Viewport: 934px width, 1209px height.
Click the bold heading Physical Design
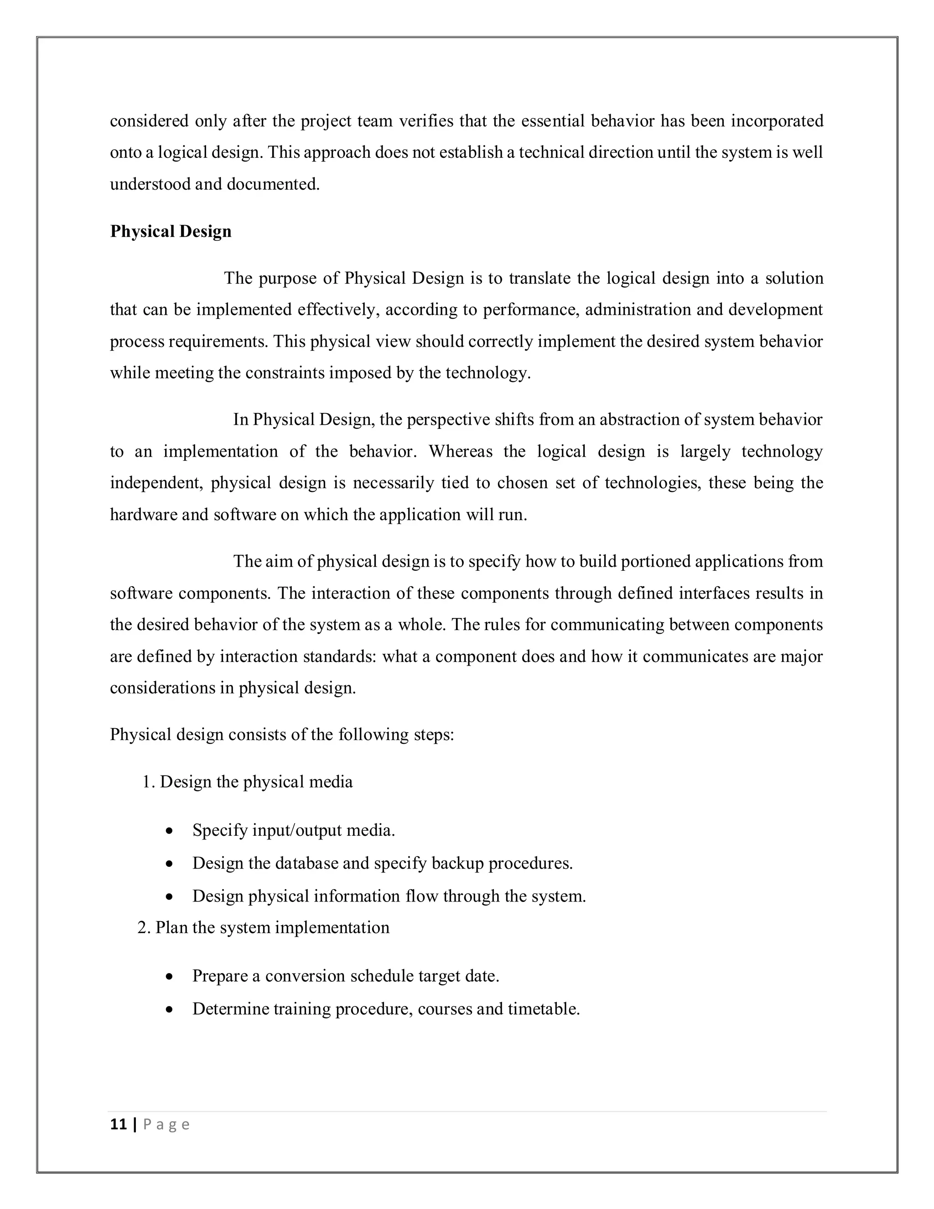[x=171, y=231]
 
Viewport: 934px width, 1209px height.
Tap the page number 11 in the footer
[x=119, y=1124]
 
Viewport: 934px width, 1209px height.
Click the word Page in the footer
[x=166, y=1124]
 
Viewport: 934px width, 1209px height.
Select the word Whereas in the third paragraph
[x=460, y=451]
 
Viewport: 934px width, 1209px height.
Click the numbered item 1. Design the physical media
[x=247, y=782]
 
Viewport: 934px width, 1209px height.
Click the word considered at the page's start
[x=150, y=121]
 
